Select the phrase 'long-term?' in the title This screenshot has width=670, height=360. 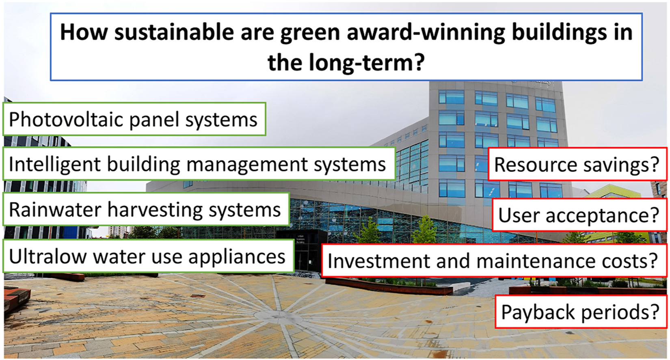pos(366,63)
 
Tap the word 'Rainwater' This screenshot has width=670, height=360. pos(55,209)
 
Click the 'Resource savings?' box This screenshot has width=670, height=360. pos(577,164)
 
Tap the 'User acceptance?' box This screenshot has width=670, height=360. pos(580,215)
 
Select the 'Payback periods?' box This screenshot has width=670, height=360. pos(581,312)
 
